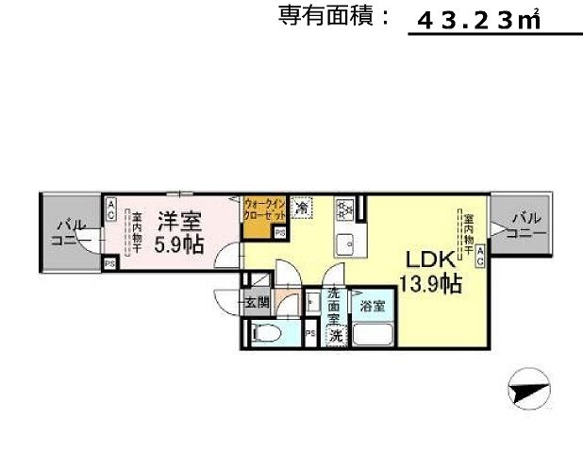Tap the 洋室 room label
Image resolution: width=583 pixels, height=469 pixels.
[x=179, y=223]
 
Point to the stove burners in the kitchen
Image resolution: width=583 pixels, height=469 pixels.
[x=344, y=208]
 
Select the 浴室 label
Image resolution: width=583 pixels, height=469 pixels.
[x=371, y=306]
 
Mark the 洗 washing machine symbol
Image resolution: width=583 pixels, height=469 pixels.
[x=335, y=335]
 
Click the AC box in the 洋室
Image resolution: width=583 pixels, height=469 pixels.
[x=111, y=209]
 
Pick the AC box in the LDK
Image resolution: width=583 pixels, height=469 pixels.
[x=480, y=255]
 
